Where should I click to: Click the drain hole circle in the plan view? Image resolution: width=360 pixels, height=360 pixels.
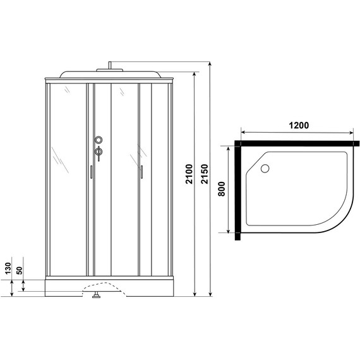[x=265, y=168]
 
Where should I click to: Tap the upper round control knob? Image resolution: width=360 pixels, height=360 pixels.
[x=98, y=140]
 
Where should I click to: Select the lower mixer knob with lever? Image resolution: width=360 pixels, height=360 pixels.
[x=98, y=152]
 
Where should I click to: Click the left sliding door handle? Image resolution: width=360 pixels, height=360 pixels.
[x=92, y=172]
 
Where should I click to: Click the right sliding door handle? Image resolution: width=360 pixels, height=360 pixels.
[x=142, y=171]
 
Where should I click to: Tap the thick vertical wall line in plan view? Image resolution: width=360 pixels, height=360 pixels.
[x=237, y=193]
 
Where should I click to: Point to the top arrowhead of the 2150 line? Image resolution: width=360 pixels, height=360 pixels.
[x=209, y=64]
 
